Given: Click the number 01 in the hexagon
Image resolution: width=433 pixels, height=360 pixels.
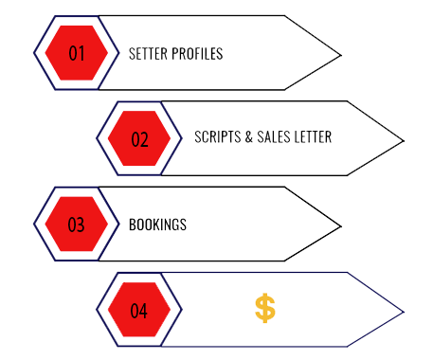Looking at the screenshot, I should [77, 53].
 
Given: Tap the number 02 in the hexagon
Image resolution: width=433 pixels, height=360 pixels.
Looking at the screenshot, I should [139, 139].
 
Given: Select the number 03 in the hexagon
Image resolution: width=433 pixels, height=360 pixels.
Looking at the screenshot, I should [77, 225].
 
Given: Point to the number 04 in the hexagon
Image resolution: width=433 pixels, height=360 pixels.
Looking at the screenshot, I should [139, 311].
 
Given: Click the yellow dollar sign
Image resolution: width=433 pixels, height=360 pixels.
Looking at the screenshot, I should [265, 308].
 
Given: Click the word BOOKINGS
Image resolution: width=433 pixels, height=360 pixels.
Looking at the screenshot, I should [157, 225].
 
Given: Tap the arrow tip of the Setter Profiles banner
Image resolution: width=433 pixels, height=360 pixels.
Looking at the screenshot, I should [340, 53].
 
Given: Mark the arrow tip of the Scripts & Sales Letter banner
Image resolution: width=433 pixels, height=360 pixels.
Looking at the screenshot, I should [404, 141].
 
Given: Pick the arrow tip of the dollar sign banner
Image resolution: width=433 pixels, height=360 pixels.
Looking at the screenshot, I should [404, 311].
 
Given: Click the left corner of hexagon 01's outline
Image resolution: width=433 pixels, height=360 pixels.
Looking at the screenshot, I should [34, 53].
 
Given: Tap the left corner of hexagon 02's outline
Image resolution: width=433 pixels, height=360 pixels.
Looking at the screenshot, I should [97, 139].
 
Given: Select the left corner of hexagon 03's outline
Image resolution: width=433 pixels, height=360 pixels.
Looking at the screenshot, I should [34, 225].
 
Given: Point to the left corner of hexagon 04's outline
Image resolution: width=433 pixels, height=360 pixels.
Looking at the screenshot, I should [97, 311].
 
